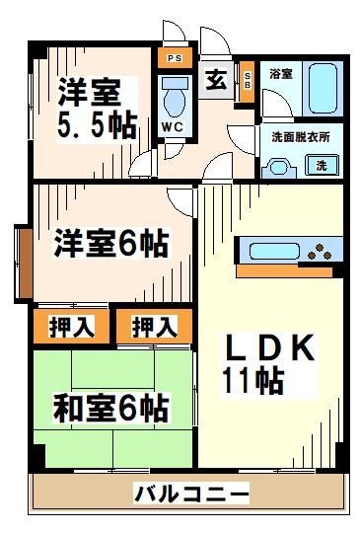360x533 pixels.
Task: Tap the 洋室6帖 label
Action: [109, 242]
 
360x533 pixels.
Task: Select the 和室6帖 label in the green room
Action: [110, 406]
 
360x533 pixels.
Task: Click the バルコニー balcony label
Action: [190, 493]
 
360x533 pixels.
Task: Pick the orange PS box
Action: [174, 59]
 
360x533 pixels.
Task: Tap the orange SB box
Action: [247, 81]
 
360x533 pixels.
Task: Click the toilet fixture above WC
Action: [175, 98]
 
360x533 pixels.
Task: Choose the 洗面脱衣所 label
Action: [300, 137]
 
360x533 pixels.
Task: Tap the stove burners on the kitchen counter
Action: [321, 252]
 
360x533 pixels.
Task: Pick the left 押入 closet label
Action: [65, 327]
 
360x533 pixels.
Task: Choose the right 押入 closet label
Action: [154, 327]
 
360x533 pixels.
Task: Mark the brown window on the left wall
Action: [22, 264]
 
